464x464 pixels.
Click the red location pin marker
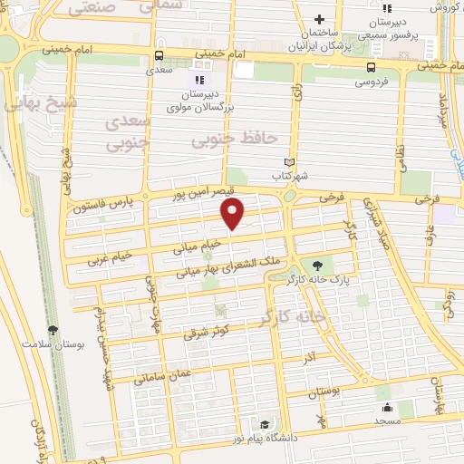pyautogui.click(x=233, y=212)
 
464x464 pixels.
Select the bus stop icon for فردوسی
pyautogui.click(x=372, y=67)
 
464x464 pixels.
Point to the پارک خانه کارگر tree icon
pyautogui.click(x=316, y=265)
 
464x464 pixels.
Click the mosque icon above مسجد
pyautogui.click(x=388, y=407)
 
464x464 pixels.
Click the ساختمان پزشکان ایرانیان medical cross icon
pyautogui.click(x=318, y=20)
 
